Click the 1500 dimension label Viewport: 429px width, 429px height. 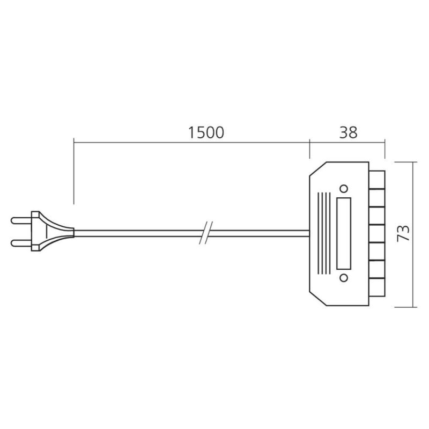click(206, 132)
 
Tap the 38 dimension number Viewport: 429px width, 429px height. click(348, 132)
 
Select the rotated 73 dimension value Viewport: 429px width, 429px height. click(403, 233)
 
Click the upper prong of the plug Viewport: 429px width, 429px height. click(21, 220)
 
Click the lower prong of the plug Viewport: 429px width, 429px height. click(21, 243)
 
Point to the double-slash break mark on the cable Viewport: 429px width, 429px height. click(206, 233)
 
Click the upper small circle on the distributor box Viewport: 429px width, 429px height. click(344, 189)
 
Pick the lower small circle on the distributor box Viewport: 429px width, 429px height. click(344, 278)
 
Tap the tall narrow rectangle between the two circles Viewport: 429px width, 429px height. click(344, 233)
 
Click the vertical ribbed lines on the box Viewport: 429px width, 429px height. click(324, 233)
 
